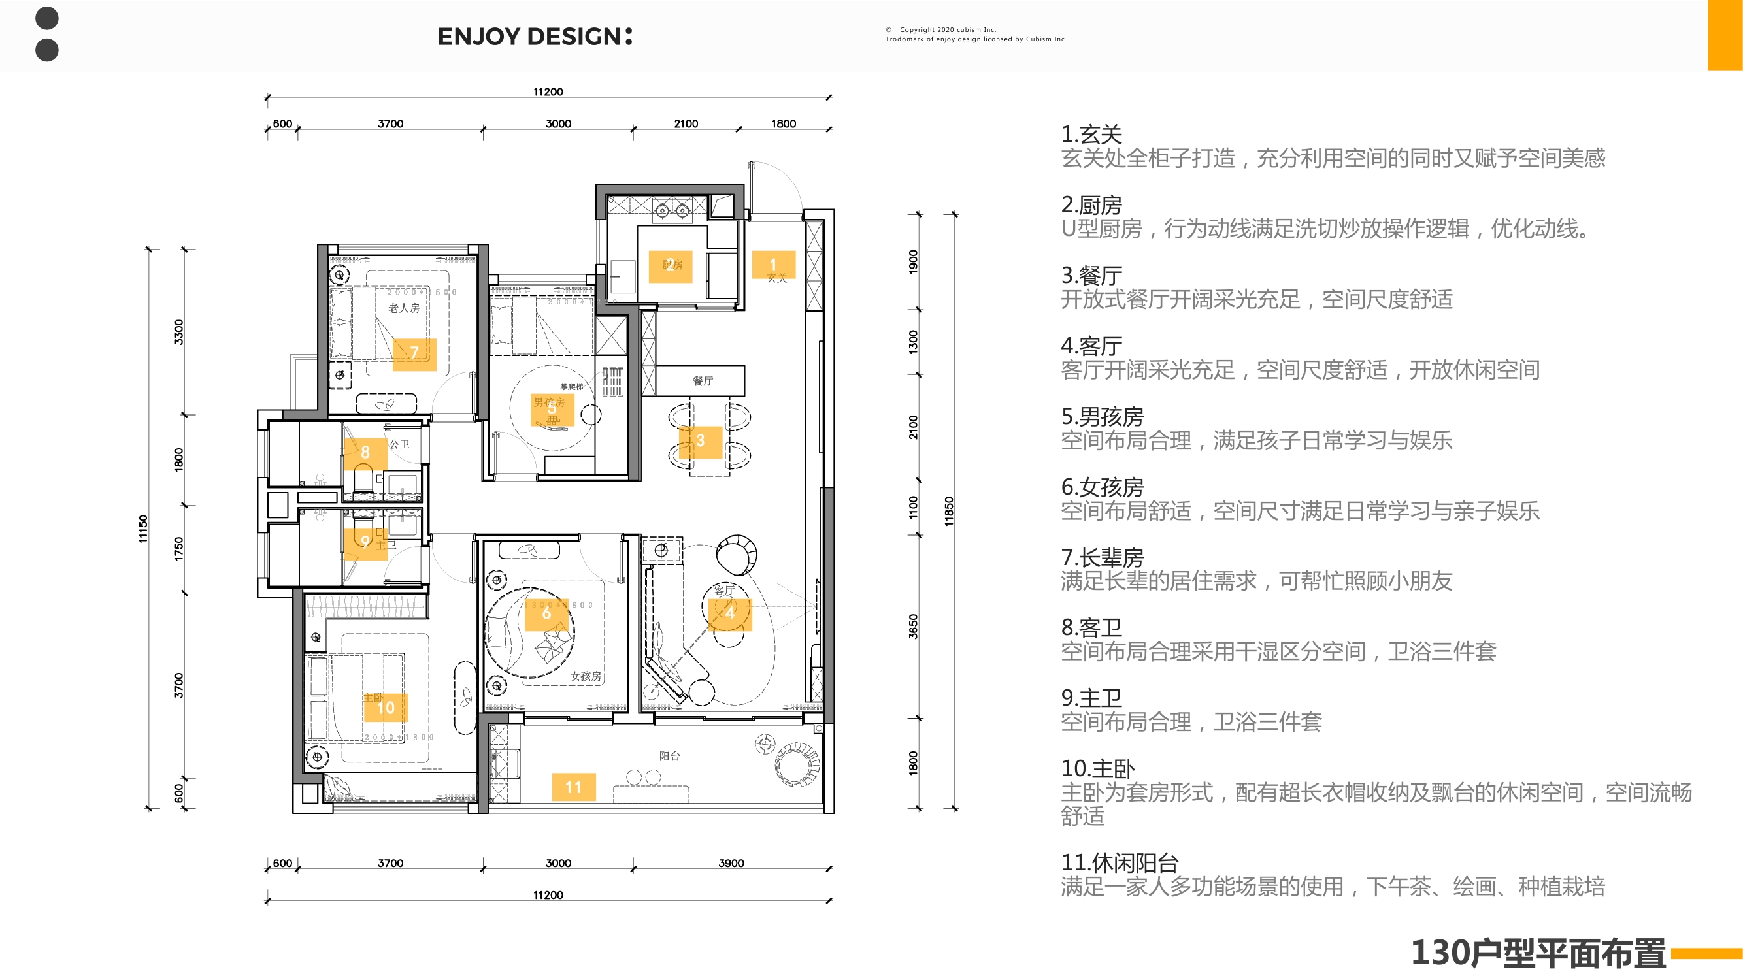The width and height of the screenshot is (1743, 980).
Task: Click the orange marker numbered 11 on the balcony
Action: click(573, 787)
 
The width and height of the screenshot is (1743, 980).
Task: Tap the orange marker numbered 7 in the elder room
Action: click(414, 352)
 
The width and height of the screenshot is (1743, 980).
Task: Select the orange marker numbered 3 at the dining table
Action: click(701, 440)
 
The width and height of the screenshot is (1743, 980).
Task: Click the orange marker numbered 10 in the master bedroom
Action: click(385, 708)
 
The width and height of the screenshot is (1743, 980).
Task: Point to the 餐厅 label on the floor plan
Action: click(703, 381)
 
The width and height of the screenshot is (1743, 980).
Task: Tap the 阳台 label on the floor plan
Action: click(669, 755)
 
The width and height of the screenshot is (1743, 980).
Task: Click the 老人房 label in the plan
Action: click(404, 308)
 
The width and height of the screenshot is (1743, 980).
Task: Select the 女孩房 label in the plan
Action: click(586, 676)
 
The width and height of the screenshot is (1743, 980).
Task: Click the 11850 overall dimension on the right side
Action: click(949, 511)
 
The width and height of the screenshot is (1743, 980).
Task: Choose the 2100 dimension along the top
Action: click(686, 123)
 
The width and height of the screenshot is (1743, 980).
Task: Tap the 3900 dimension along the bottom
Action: click(731, 862)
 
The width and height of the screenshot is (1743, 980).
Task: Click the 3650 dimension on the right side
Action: click(913, 626)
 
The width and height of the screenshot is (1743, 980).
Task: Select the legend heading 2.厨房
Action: click(1091, 204)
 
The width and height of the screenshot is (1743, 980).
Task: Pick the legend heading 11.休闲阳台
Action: click(1119, 862)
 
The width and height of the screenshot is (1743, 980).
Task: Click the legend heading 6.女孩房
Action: click(1102, 486)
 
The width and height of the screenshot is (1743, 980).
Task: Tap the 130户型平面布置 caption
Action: click(1537, 953)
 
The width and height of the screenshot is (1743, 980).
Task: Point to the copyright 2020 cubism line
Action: click(947, 30)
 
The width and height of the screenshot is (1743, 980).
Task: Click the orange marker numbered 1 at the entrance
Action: click(772, 264)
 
